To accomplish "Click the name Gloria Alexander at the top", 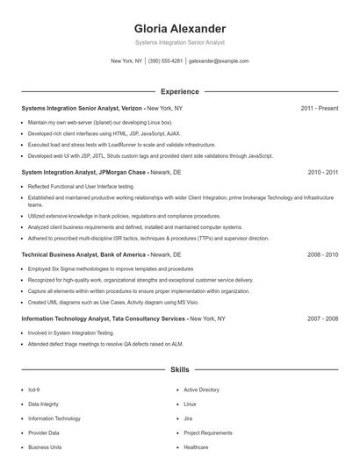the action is tap(179, 28).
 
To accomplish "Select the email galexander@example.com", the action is tap(219, 61).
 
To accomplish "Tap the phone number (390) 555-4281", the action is tap(165, 61).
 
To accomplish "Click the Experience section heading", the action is tap(179, 91).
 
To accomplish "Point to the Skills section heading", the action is tap(179, 371).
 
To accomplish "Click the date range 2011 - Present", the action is tap(319, 108).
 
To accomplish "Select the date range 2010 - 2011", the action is tap(322, 173).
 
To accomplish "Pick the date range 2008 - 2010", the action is tap(322, 254).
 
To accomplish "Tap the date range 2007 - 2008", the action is tap(322, 319).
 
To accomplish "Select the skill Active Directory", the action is tap(201, 390).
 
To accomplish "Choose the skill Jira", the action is tap(188, 418).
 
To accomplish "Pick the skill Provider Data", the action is tap(44, 433).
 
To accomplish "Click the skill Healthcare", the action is tap(196, 447).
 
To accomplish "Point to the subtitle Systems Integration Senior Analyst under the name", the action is tap(179, 42).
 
